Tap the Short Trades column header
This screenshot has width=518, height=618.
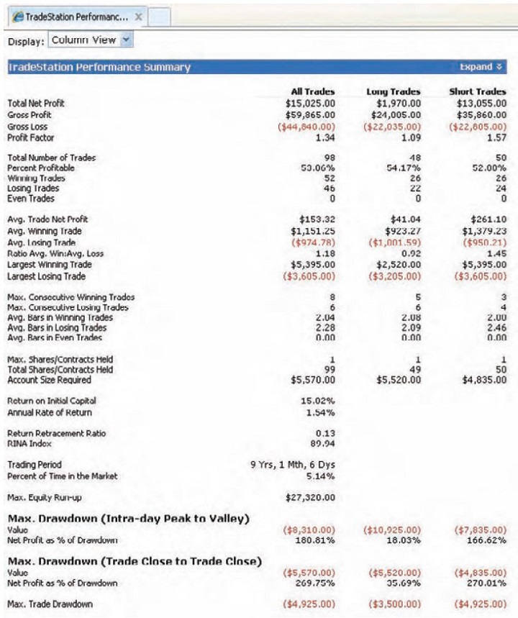(478, 92)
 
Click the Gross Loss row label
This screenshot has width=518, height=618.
(27, 127)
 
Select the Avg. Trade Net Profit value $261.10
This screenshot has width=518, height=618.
(487, 219)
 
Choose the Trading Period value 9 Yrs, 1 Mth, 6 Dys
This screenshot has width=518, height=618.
(292, 465)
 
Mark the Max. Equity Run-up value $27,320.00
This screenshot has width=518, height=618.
(308, 496)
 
